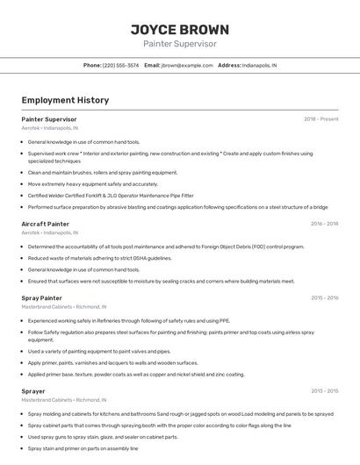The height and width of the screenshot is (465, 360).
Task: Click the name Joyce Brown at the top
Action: point(179,29)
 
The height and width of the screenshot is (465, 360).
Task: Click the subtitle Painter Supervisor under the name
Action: point(179,44)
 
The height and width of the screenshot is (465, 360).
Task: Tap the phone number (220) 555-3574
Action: point(120,65)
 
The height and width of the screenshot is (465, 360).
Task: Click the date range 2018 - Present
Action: point(320,119)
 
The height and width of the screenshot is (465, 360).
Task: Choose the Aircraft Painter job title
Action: point(45,224)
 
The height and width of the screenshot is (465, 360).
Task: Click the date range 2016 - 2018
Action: point(324,224)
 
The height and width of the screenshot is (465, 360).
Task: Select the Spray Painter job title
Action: point(41,298)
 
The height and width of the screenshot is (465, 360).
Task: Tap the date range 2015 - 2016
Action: point(324,298)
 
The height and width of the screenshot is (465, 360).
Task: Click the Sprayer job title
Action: point(33,391)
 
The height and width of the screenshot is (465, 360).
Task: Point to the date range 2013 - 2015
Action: point(324,391)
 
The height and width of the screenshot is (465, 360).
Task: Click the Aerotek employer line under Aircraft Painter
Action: point(49,232)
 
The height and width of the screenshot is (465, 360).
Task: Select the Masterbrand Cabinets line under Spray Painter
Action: point(63,307)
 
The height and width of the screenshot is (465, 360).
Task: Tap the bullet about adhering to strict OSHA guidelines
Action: point(99,258)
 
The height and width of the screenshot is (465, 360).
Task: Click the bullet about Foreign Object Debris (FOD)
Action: point(166,247)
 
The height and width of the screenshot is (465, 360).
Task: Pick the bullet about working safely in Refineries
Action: point(129,321)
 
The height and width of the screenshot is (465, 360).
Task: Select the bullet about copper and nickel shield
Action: point(136,374)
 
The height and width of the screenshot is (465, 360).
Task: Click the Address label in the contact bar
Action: point(228,65)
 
